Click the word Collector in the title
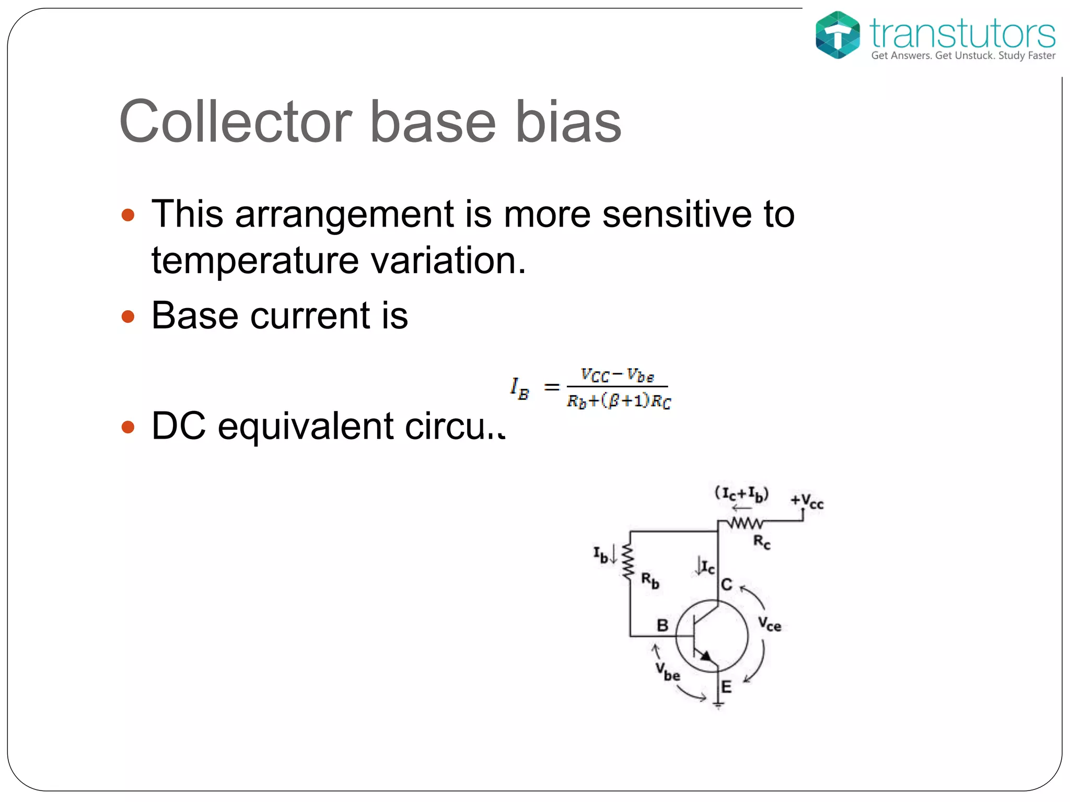(x=235, y=122)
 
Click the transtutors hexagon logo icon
(x=838, y=34)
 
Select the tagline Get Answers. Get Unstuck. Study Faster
(x=963, y=56)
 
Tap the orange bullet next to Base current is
(x=127, y=316)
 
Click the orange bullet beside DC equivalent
(x=127, y=427)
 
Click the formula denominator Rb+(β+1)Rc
(x=619, y=401)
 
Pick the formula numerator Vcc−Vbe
(x=617, y=375)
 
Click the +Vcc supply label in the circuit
(x=807, y=501)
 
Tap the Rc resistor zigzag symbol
(x=746, y=523)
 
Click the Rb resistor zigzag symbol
(x=629, y=561)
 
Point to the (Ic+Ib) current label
(x=741, y=493)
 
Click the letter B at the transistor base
(x=662, y=625)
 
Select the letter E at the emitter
(x=726, y=687)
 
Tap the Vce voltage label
(x=769, y=624)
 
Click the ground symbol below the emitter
(x=719, y=705)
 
